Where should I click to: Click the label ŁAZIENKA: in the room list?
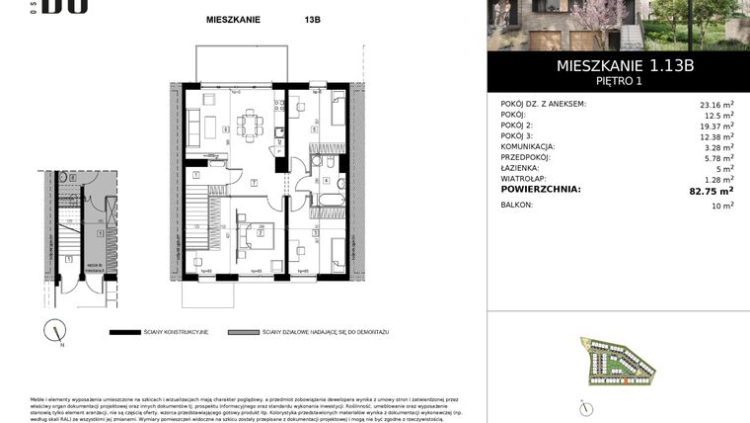522,168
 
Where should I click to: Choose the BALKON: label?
517,205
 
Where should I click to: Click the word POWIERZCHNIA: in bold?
541,189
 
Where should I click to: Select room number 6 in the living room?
226,129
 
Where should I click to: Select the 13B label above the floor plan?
285,19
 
